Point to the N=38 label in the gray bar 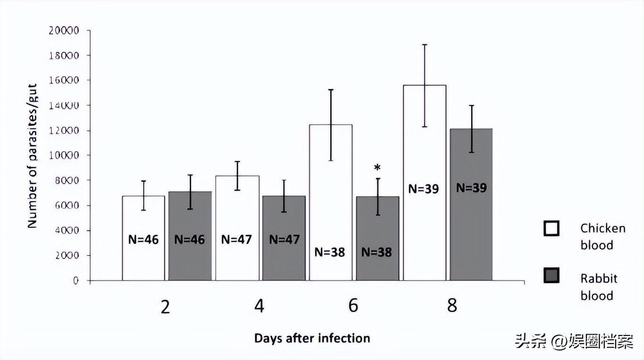tap(377, 252)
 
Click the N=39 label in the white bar tap(424, 189)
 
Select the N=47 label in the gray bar tap(284, 240)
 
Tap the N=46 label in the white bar tap(144, 240)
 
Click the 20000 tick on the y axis tap(64, 31)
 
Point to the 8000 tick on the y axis tap(66, 181)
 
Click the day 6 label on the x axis tap(353, 306)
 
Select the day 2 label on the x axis tap(165, 307)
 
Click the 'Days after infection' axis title tap(312, 338)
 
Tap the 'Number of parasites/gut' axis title tap(32, 156)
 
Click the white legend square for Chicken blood tap(551, 228)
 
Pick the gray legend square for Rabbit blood tap(551, 276)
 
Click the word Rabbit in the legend tap(599, 278)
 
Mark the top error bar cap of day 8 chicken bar tap(425, 44)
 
